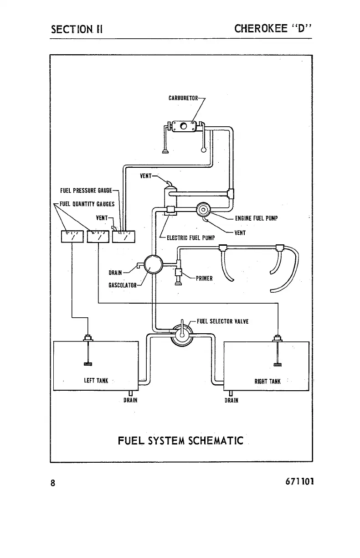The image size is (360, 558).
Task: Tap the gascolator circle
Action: pos(153,264)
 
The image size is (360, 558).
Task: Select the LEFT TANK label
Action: pos(96,381)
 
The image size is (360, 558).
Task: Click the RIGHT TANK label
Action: pos(267,382)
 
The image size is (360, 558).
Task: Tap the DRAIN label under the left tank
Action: pos(131,401)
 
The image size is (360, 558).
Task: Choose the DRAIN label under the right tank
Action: pos(231,401)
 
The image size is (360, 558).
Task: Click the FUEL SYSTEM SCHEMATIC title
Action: pos(180,441)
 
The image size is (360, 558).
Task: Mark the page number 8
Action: pos(53,483)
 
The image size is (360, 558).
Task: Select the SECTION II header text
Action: pos(77,30)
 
